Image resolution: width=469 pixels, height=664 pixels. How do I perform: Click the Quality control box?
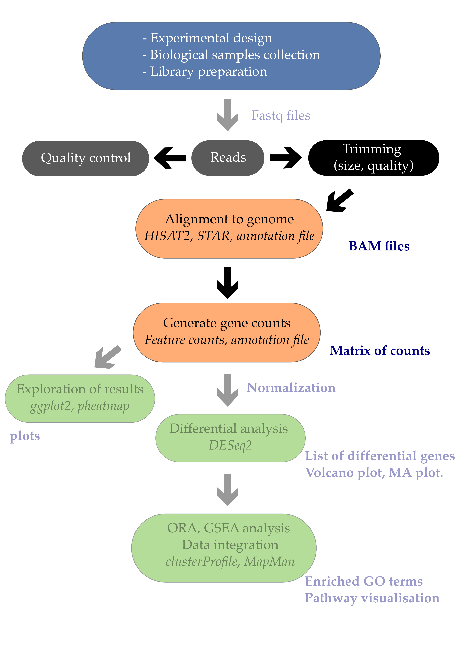pos(86,158)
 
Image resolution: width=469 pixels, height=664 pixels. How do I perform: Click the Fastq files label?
pos(281,115)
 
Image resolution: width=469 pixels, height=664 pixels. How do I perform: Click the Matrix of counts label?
pos(380,350)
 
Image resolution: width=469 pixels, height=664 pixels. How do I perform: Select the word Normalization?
pos(291,388)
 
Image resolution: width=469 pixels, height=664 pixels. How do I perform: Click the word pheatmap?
pos(104,406)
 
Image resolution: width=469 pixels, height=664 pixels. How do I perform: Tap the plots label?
pos(25,436)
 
